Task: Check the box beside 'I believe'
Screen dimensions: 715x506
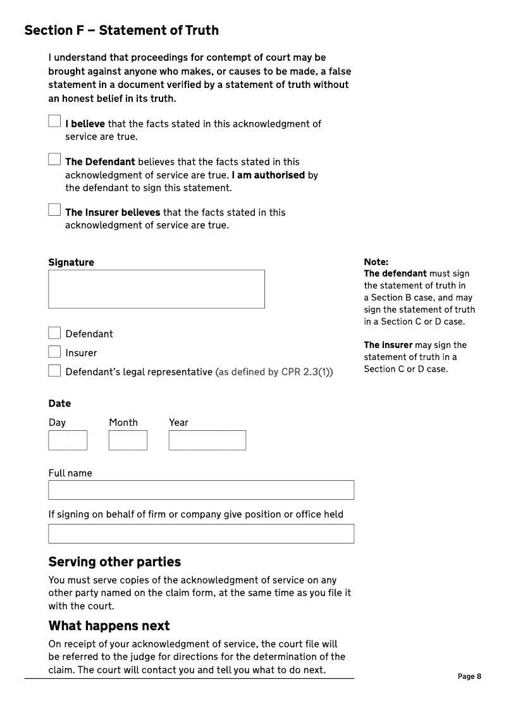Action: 54,121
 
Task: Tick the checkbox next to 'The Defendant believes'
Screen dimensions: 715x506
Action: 54,159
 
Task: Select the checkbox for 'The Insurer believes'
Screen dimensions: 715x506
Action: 54,209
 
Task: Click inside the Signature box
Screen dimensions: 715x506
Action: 156,289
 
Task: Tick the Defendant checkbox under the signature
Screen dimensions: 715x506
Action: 54,333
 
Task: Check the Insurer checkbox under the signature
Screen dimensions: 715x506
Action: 54,352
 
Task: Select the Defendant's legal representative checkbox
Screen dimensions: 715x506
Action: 54,371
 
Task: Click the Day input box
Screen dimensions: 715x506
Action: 68,440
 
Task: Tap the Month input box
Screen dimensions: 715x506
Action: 128,440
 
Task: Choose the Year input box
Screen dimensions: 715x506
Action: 207,440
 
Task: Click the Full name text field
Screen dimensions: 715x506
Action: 201,490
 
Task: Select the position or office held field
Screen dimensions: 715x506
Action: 201,534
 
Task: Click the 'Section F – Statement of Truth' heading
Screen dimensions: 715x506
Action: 121,30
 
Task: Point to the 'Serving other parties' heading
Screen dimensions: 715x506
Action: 114,562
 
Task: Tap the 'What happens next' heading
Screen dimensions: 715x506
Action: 109,626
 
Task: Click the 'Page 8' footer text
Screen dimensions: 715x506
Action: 469,676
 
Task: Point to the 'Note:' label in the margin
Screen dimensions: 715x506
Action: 376,262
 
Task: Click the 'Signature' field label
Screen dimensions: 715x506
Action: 71,263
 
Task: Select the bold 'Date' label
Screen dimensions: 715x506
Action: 59,404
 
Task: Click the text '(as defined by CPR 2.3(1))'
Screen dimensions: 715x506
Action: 274,372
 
